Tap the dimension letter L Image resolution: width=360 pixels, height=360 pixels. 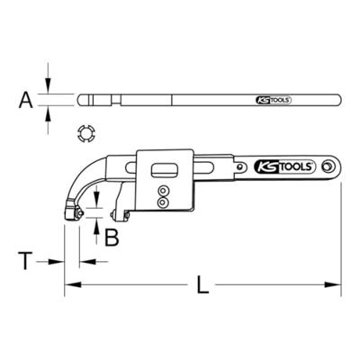(x=202, y=287)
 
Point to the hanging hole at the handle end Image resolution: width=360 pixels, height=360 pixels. (x=328, y=167)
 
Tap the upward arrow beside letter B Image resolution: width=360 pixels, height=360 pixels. (x=97, y=225)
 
